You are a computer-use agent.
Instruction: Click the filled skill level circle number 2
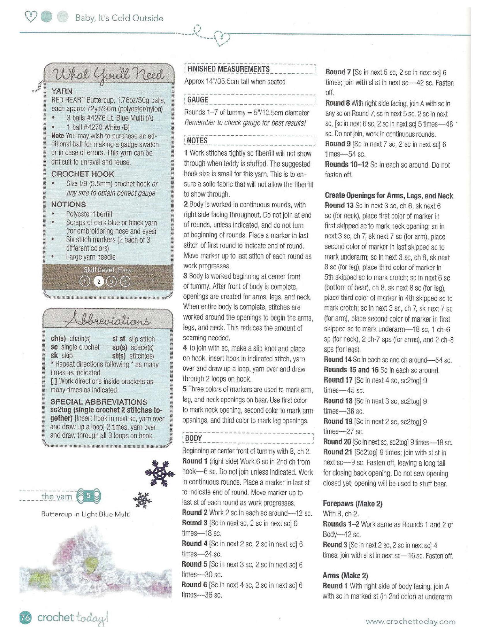pos(99,281)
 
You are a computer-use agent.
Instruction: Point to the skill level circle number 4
pos(125,281)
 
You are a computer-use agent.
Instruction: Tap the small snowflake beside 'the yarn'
pos(142,500)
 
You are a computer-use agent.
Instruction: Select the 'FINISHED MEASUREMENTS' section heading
pos(228,69)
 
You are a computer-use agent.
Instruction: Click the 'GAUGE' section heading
pos(198,100)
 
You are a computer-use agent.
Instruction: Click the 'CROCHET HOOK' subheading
pos(82,174)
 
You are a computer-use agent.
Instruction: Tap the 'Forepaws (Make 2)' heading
pos(353,503)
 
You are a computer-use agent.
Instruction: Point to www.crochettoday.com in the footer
pos(410,622)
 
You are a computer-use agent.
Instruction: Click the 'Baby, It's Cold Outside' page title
pos(119,18)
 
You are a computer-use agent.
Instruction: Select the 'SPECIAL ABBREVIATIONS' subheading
pos(99,402)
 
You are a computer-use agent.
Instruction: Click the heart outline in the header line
pos(222,37)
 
